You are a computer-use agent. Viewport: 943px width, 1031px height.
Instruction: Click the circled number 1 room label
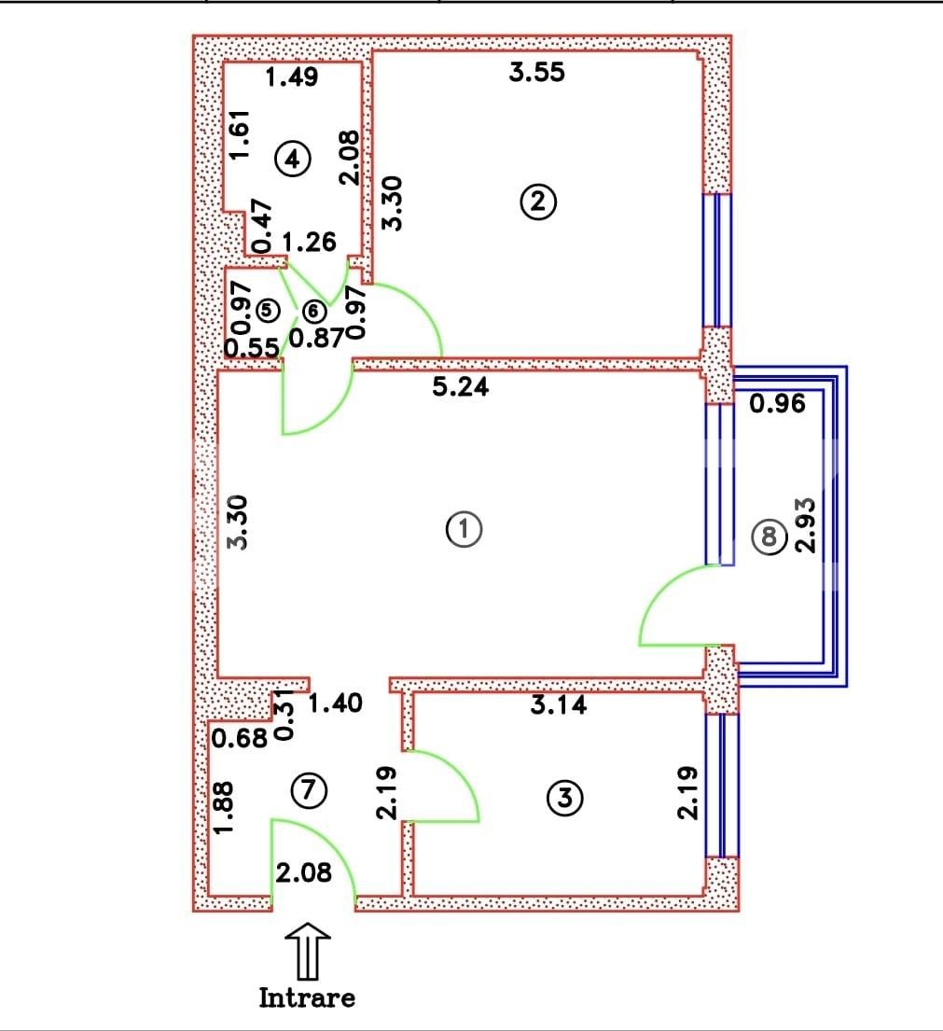[x=464, y=529]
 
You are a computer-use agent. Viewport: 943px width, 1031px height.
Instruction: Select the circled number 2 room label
[x=539, y=202]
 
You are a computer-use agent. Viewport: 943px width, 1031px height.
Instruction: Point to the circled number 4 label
[x=293, y=160]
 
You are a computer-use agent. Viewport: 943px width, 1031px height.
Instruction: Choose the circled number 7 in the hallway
[x=309, y=790]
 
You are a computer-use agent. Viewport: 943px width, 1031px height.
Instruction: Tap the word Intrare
[x=307, y=997]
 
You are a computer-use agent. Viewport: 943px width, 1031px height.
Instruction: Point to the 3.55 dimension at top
[x=536, y=72]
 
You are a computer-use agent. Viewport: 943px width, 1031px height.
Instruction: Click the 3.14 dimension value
[x=559, y=704]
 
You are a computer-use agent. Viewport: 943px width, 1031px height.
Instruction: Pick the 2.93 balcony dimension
[x=805, y=523]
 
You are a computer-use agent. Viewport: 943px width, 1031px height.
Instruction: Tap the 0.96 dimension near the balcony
[x=776, y=405]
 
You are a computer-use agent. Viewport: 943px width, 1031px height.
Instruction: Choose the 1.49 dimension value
[x=292, y=77]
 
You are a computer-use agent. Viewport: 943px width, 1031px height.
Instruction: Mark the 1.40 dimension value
[x=335, y=703]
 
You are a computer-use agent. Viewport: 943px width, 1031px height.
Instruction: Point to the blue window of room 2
[x=716, y=259]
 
